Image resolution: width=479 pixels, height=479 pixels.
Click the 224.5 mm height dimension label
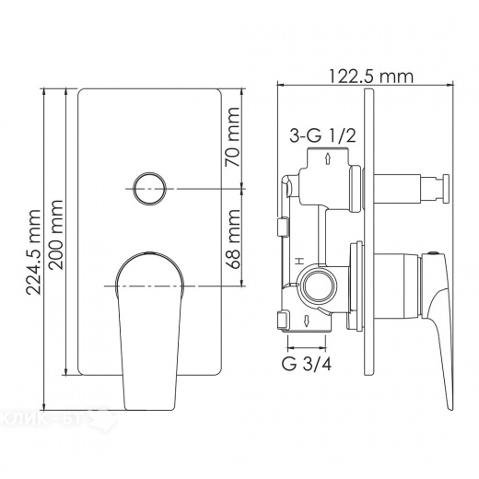pos(34,251)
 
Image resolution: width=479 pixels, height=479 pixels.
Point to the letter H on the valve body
pos(298,263)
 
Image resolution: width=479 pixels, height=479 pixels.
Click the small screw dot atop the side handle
pos(431,251)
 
